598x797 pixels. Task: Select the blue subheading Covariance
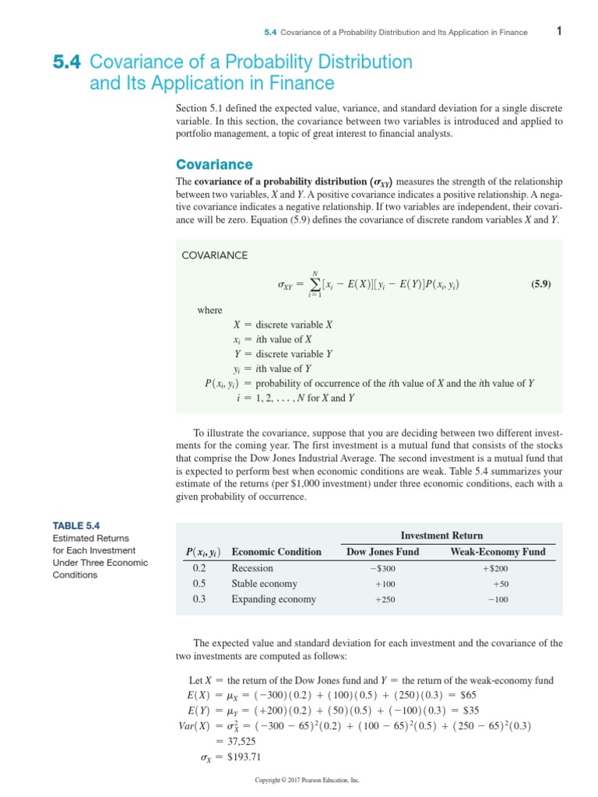pyautogui.click(x=214, y=164)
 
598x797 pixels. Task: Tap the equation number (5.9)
pyautogui.click(x=540, y=284)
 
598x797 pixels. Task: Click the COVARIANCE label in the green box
pyautogui.click(x=214, y=255)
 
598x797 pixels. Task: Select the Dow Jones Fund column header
pyautogui.click(x=382, y=552)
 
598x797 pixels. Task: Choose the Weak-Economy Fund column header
pyautogui.click(x=498, y=552)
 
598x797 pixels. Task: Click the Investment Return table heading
pyautogui.click(x=441, y=535)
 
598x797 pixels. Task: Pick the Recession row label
pyautogui.click(x=252, y=568)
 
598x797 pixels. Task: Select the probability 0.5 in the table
pyautogui.click(x=199, y=584)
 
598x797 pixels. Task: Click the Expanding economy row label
pyautogui.click(x=273, y=599)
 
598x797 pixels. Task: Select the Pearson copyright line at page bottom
pyautogui.click(x=308, y=780)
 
